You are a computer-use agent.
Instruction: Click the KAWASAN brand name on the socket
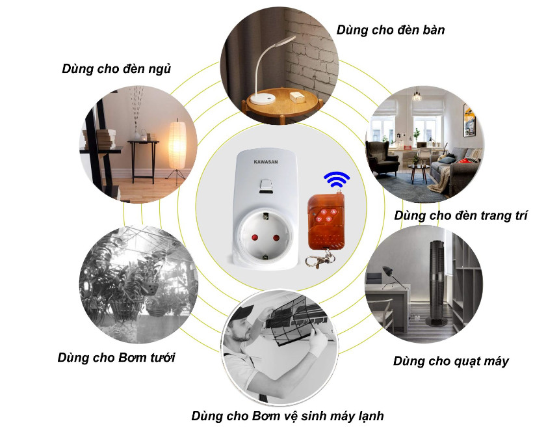coord(266,161)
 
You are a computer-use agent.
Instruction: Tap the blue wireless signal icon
coord(337,180)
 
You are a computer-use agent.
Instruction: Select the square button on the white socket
coord(266,185)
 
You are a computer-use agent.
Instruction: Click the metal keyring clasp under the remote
coord(319,260)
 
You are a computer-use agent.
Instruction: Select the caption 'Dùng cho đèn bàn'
coord(391,31)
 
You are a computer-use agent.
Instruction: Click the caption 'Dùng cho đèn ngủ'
coord(116,68)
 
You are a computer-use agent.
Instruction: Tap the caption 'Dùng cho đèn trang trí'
coord(461,215)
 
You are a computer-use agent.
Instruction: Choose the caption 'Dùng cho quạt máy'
coord(451,362)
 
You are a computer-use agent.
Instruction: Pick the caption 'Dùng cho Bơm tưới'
coord(116,358)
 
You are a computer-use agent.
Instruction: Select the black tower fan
coord(437,282)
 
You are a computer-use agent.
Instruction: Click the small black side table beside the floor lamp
coord(143,161)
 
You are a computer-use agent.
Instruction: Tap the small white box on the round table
coord(297,97)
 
